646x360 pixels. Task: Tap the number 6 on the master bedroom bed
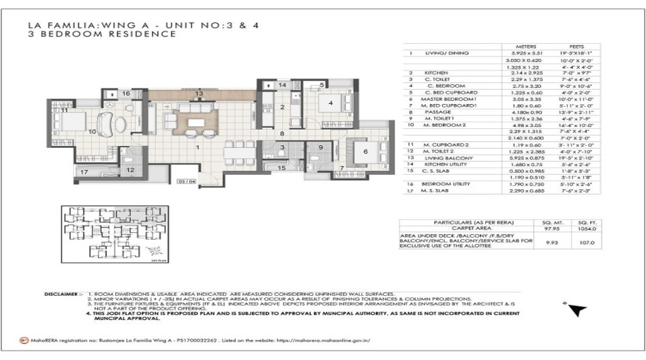[x=365, y=152]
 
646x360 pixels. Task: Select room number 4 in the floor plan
[x=331, y=103]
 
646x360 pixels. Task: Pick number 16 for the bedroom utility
[x=126, y=94]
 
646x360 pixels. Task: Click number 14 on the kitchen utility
[x=283, y=86]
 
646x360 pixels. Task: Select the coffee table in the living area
[x=196, y=122]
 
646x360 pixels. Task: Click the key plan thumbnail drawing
[x=108, y=233]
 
